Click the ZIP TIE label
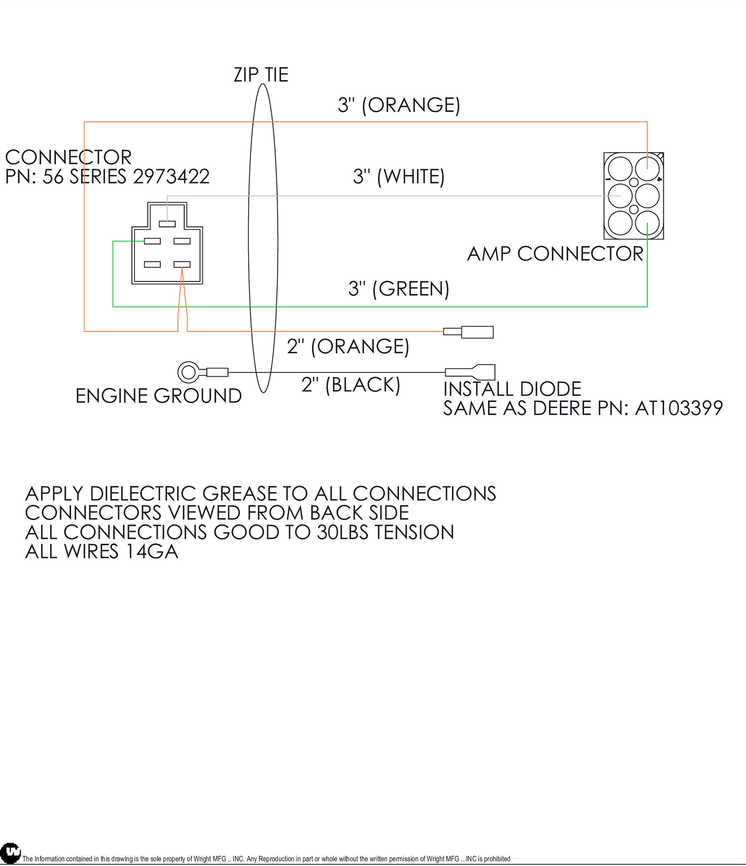click(x=261, y=75)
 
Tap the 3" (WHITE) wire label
click(x=399, y=176)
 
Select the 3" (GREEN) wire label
click(x=399, y=289)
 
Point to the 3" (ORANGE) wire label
click(x=399, y=105)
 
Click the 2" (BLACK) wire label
click(x=350, y=384)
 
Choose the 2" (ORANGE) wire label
click(x=348, y=346)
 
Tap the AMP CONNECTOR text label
click(x=555, y=254)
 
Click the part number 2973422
click(x=171, y=176)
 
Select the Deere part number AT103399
click(x=679, y=409)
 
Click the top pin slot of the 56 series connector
click(x=167, y=224)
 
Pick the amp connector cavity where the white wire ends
click(x=620, y=196)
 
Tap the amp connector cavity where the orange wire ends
click(x=647, y=168)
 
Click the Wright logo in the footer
click(x=10, y=853)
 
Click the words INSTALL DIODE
click(x=512, y=389)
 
